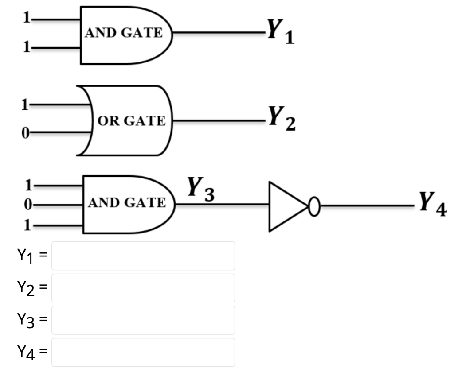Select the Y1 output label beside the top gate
point(280,32)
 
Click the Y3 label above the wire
point(200,189)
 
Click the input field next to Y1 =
point(143,256)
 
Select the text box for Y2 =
point(143,288)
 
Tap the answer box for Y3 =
point(143,320)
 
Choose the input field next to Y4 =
point(143,352)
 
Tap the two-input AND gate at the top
point(124,35)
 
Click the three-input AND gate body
point(126,204)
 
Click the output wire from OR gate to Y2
point(217,120)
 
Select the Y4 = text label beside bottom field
point(32,352)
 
